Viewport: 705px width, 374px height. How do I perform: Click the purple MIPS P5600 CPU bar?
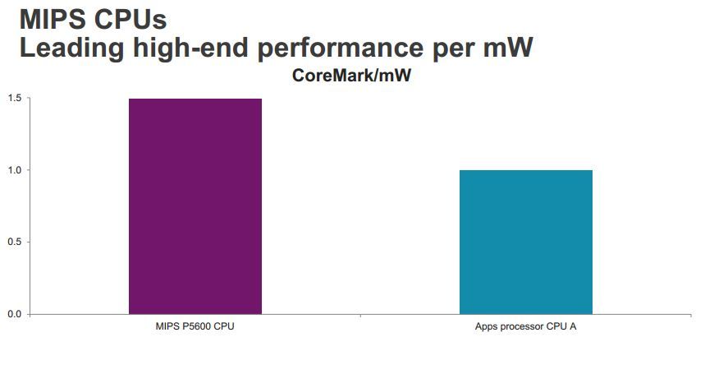[x=195, y=206]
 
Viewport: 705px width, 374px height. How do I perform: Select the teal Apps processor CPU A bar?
[x=525, y=242]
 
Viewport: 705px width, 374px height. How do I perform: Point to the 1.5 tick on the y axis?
[x=14, y=99]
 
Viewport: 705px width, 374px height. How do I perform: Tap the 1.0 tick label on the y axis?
[x=14, y=170]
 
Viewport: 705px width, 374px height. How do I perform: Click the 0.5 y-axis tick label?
[x=14, y=242]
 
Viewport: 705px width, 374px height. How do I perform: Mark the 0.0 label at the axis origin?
[x=14, y=314]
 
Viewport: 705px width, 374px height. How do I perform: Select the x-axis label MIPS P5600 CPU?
[x=195, y=327]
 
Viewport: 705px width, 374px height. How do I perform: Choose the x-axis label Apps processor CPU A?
[x=525, y=327]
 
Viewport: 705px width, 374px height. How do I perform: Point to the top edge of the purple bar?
[x=195, y=99]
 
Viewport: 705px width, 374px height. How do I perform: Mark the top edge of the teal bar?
[x=525, y=170]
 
